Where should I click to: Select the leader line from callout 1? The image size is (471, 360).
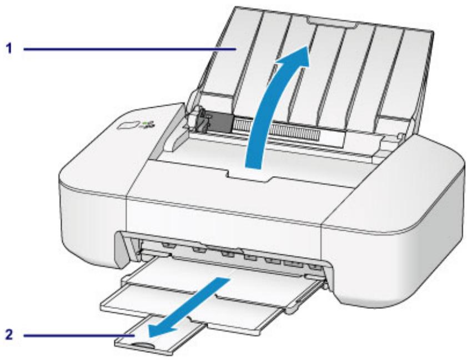pyautogui.click(x=128, y=49)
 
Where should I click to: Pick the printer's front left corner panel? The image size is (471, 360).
pyautogui.click(x=92, y=211)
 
